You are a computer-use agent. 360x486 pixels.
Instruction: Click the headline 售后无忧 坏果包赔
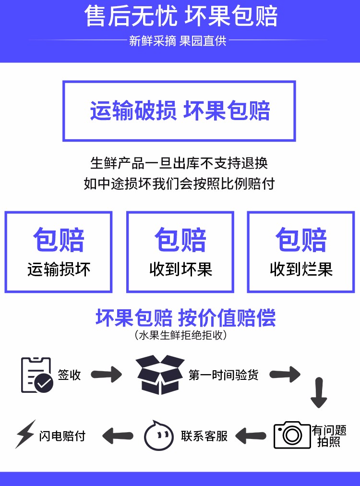point(181,16)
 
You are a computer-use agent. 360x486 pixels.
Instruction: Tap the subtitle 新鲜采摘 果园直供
point(178,41)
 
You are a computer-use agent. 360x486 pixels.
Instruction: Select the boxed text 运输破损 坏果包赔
point(180,110)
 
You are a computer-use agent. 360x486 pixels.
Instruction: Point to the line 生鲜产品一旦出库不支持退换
point(179,163)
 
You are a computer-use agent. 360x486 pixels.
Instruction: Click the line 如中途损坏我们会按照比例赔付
point(179,183)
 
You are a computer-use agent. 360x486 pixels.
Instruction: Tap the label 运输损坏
point(59,269)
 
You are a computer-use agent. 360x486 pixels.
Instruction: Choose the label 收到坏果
point(180,269)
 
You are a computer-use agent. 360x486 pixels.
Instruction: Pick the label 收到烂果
point(301,269)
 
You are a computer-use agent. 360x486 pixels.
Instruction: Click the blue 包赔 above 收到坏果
point(180,240)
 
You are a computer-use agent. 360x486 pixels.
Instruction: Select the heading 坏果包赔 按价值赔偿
point(186,318)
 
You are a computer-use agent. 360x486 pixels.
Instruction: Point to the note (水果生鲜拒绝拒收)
point(181,335)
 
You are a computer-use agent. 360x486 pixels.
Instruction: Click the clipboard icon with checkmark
point(37,375)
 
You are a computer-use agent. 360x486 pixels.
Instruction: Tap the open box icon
point(160,375)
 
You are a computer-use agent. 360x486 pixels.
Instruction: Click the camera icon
point(292,435)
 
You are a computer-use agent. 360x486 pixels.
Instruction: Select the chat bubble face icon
point(158,436)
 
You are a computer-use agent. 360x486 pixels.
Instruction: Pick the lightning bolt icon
point(25,434)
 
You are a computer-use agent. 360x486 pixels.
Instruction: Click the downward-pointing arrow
point(319,393)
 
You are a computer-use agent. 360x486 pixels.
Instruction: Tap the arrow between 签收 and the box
point(107,375)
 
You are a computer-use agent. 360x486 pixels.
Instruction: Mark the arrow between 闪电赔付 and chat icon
point(118,436)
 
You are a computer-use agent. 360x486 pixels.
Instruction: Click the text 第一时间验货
point(223,375)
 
